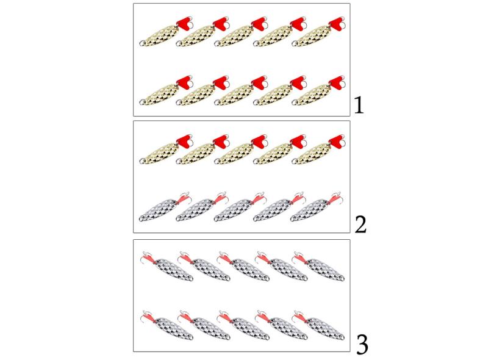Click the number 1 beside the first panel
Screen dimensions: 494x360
359,105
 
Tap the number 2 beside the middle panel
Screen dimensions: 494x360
360,225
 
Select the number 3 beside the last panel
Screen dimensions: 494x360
362,345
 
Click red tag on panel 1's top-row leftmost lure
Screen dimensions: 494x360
184,23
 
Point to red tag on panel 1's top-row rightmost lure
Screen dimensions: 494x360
337,23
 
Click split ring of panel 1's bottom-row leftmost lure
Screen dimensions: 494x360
143,101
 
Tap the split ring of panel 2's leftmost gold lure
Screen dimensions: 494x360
143,160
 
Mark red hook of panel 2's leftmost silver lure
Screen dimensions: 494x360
184,197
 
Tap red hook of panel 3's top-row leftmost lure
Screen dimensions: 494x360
148,258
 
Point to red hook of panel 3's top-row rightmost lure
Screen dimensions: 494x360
299,258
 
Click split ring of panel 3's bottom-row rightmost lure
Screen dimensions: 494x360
341,337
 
